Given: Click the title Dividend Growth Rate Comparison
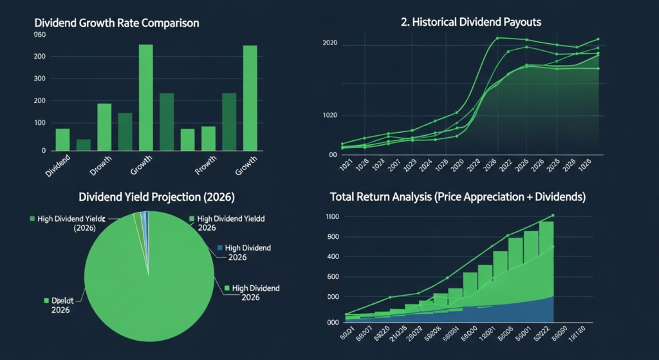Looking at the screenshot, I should (x=116, y=23).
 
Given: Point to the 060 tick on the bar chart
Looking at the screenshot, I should (x=40, y=35).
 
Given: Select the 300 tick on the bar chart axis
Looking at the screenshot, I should (x=40, y=79).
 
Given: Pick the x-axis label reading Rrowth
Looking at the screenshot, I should (x=207, y=169).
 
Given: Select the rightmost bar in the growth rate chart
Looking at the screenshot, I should (x=250, y=98).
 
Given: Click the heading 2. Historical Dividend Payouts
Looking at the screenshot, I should (x=470, y=22).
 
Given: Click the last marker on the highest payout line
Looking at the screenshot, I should (x=598, y=39).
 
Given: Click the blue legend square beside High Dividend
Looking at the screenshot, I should (x=220, y=247).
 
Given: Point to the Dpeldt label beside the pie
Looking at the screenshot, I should (x=62, y=301).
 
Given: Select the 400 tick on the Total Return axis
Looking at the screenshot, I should (x=332, y=257).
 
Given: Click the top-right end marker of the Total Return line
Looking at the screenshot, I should (x=553, y=216).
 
